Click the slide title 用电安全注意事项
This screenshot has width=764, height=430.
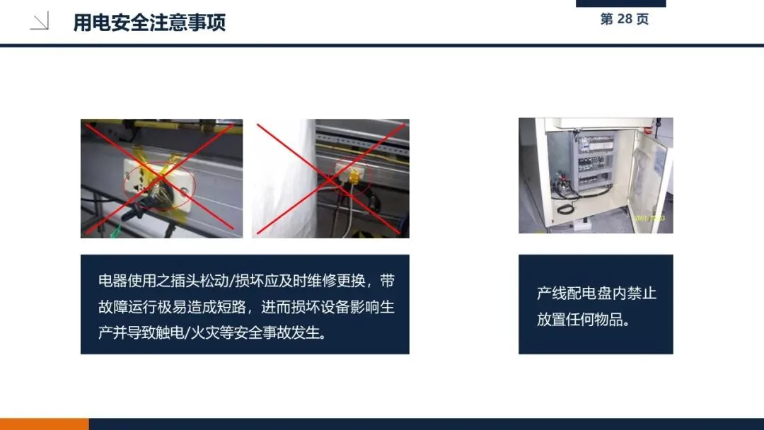coord(149,23)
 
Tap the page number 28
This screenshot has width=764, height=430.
coord(624,19)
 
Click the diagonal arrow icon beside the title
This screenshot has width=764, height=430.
coord(40,22)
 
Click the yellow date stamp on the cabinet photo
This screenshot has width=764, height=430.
coord(649,218)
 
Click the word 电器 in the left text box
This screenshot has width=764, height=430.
coord(112,281)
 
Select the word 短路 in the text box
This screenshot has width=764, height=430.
coord(233,307)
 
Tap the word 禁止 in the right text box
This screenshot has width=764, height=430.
coord(642,294)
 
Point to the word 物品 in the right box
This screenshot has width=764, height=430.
coord(608,320)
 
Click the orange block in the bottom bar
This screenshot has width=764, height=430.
coord(45,424)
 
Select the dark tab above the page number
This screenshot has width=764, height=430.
coord(621,4)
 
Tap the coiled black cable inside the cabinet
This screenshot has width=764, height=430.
coord(566,209)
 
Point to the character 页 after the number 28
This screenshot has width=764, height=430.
coord(642,19)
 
